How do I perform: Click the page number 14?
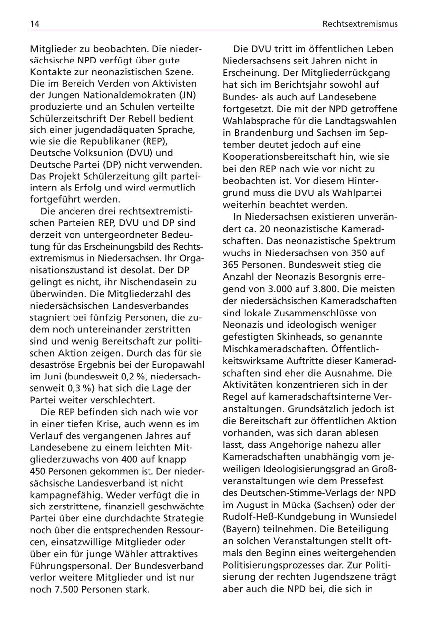(x=35, y=23)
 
